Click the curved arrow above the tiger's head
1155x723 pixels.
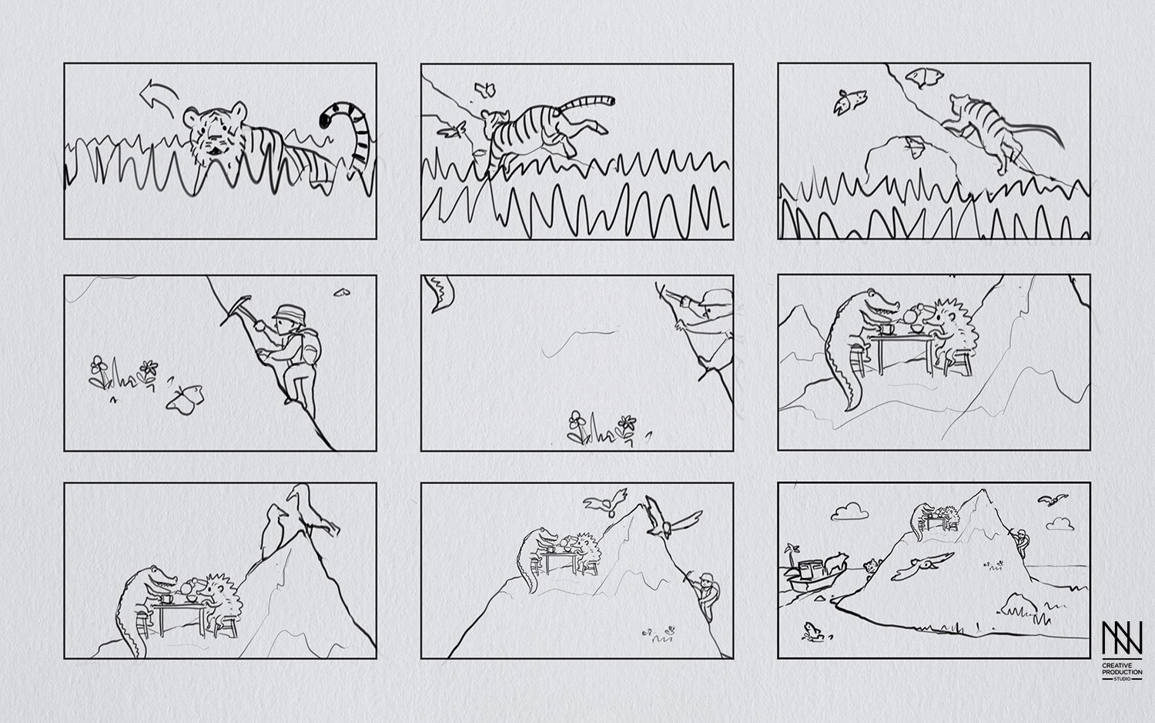point(160,91)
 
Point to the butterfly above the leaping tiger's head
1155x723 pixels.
point(485,89)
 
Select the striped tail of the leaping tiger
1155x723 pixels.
point(586,104)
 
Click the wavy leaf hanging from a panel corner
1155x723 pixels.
point(440,294)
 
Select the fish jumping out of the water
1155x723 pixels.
point(812,631)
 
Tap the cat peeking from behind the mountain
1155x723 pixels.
point(872,566)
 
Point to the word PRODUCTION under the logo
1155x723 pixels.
point(1122,672)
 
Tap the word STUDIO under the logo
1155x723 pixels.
point(1122,678)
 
